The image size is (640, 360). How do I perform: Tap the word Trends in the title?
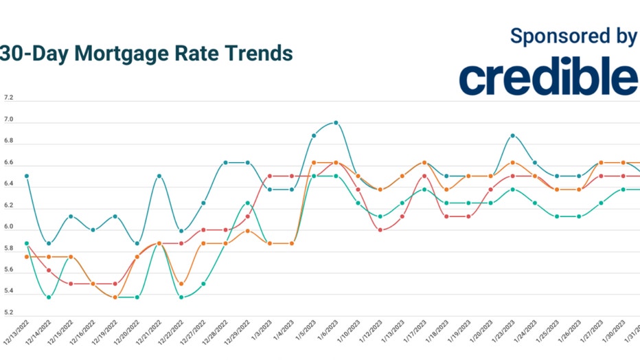(256, 53)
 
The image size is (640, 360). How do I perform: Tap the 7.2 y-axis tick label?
(8, 98)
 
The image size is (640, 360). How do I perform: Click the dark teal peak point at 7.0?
(336, 123)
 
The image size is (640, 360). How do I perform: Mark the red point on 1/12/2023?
(380, 229)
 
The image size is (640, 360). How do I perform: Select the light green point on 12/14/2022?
(48, 297)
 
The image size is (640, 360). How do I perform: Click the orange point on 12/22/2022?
(181, 284)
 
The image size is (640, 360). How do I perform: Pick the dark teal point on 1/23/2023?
(512, 135)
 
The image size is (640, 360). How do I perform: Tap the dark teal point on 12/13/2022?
(26, 176)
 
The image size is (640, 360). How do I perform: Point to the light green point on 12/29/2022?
(247, 203)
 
